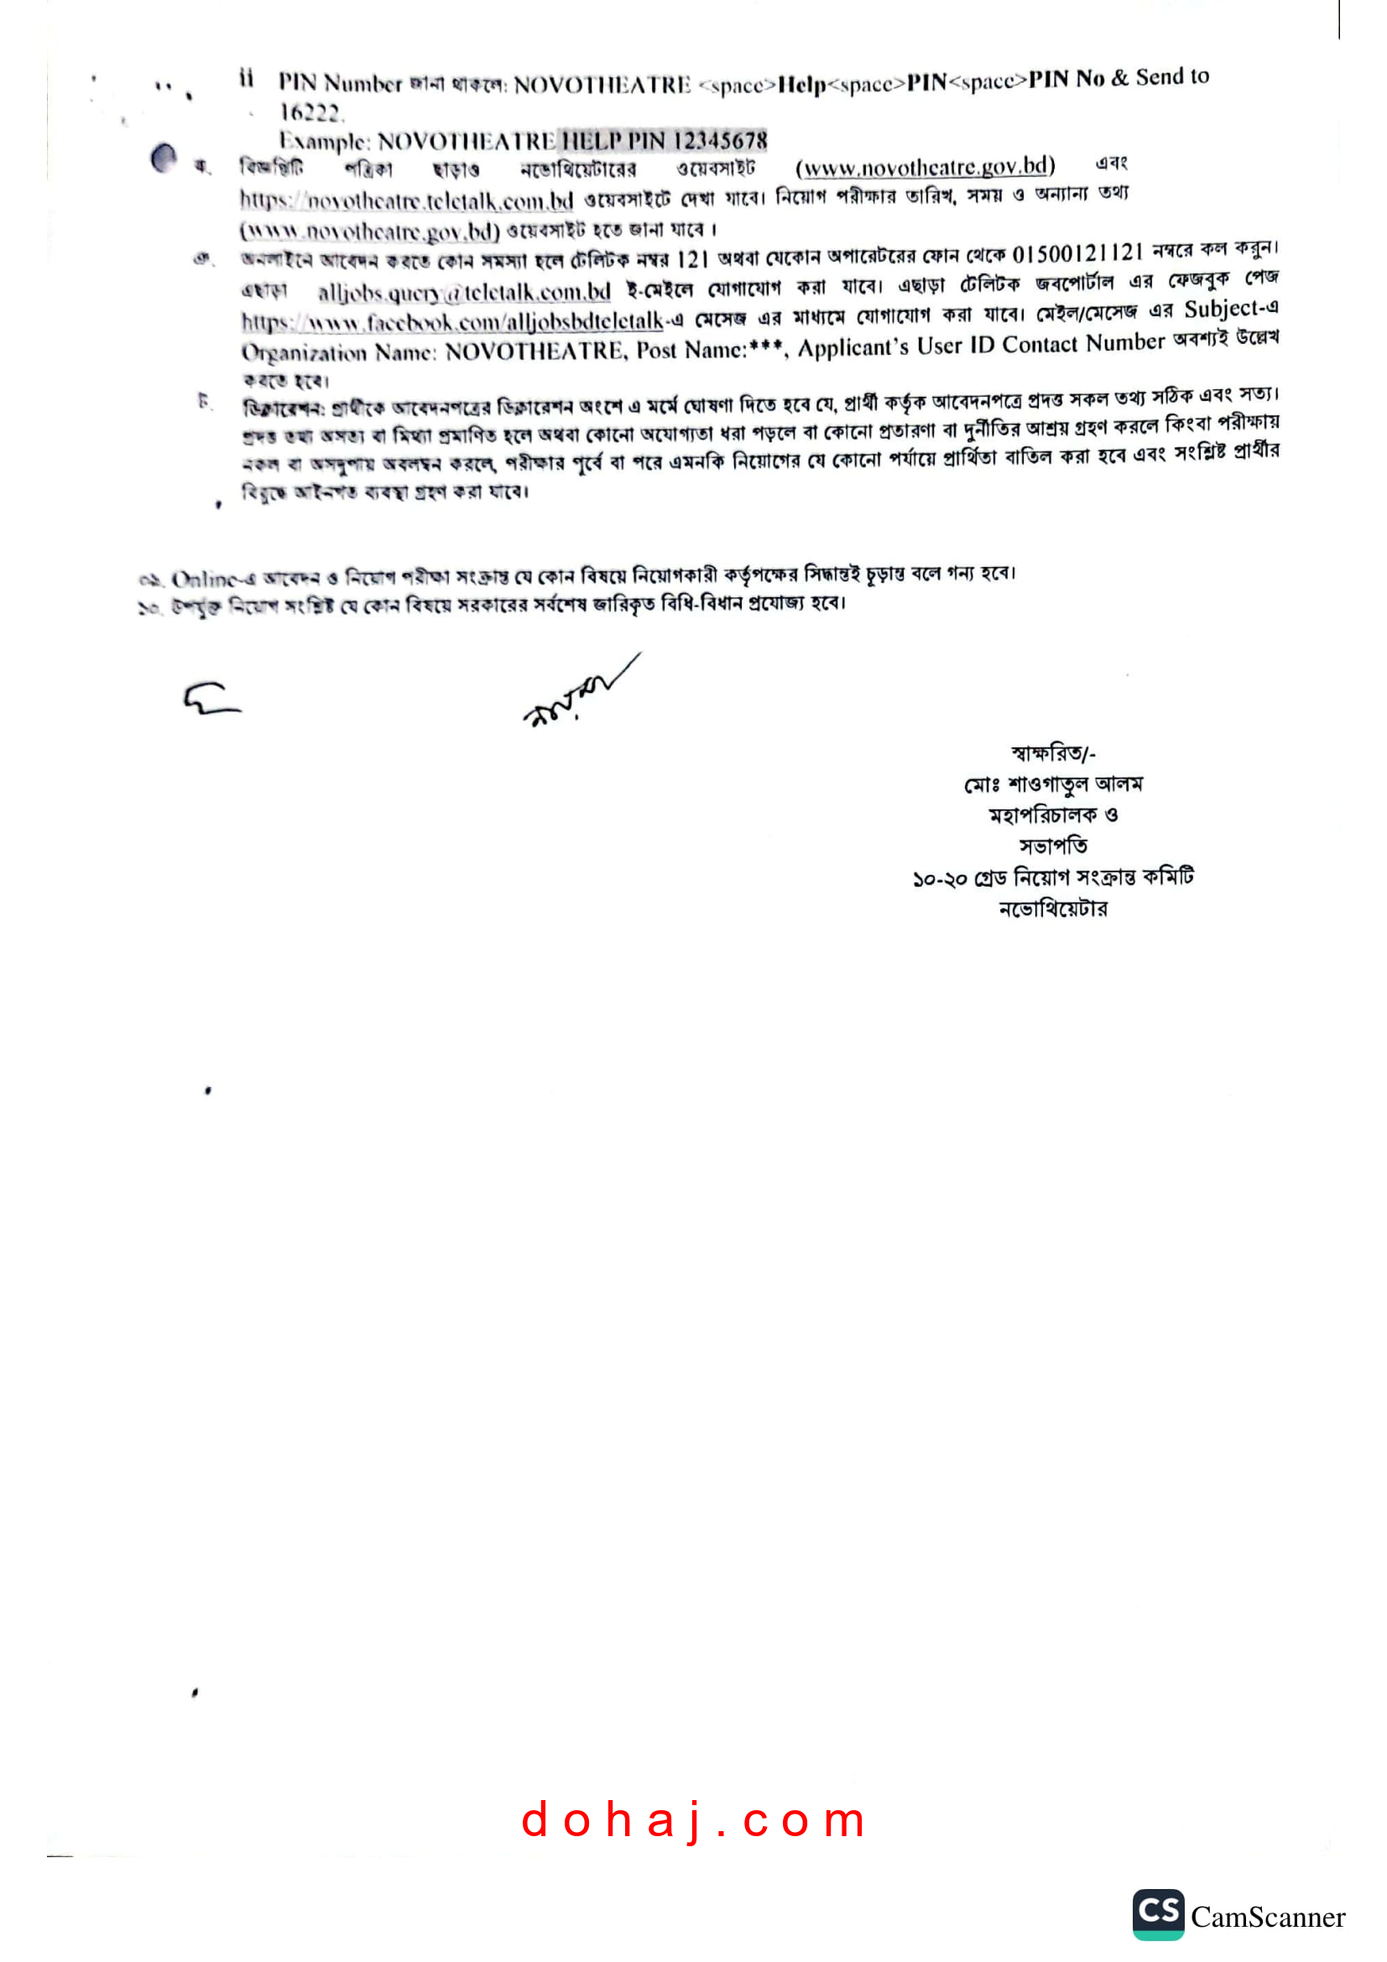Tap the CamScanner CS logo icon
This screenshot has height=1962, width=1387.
coord(1158,1914)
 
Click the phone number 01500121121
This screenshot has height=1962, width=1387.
coord(1077,254)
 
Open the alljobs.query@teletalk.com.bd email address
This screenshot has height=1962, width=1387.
coord(464,292)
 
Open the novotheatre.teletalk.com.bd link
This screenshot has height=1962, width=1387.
coord(406,200)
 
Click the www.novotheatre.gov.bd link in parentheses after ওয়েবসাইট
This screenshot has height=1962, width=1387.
coord(926,166)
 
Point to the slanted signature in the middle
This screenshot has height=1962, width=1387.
coord(581,690)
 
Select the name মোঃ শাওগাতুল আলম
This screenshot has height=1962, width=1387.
coord(1053,783)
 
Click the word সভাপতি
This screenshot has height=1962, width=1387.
coord(1053,846)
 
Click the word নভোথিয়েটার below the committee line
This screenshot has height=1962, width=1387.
coord(1053,908)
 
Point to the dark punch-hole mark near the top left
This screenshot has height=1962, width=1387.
coord(164,157)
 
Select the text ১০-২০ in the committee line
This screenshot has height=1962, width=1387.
coord(939,878)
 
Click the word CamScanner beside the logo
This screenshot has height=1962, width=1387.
coord(1268,1918)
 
